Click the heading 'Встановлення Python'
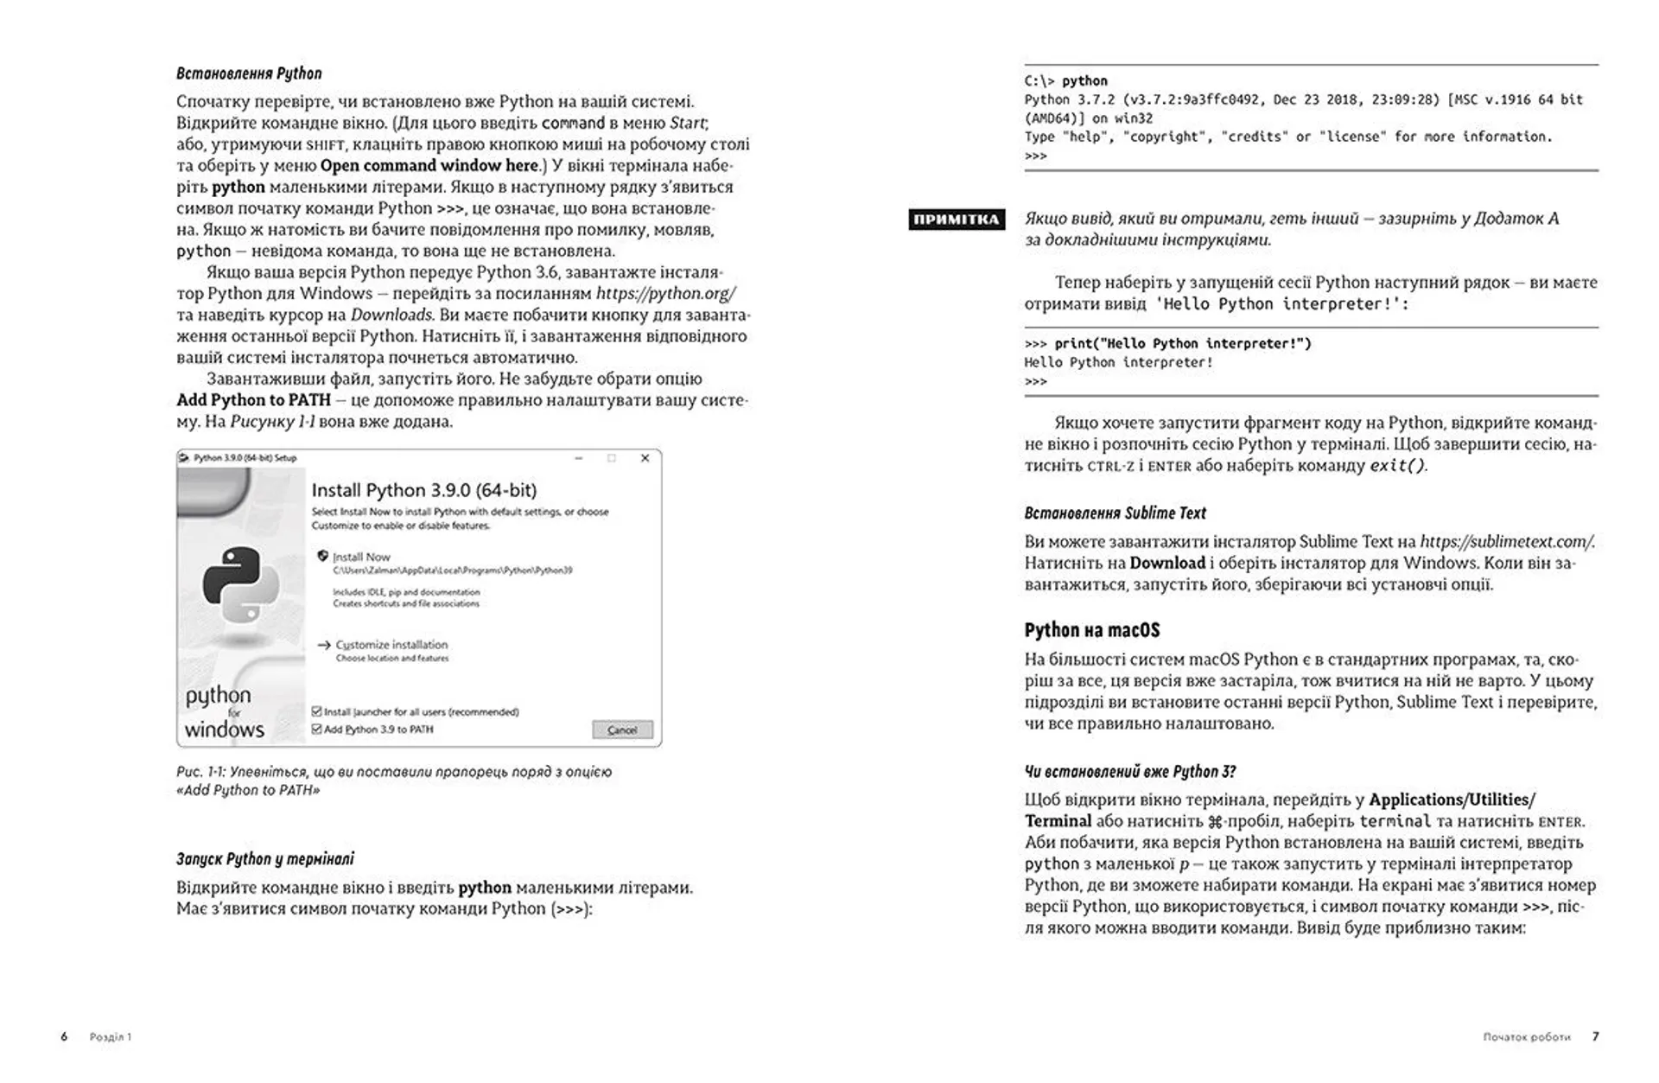[249, 73]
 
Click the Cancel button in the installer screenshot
[622, 730]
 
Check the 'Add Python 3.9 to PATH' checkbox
[317, 729]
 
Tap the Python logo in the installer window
[241, 584]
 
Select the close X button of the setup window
[645, 458]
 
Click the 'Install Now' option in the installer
[361, 557]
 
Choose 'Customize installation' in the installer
[391, 645]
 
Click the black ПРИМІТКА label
[956, 220]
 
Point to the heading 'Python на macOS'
[1091, 630]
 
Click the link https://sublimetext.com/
[1506, 542]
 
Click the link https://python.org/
[665, 294]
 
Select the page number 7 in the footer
[1596, 1036]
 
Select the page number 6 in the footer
[64, 1036]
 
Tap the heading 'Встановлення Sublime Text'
[1115, 513]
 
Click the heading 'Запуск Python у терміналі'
[264, 859]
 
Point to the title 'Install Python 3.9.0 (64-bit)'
[423, 491]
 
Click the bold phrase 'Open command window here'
[429, 166]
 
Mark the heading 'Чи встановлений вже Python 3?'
[1129, 772]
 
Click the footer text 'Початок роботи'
[1526, 1036]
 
